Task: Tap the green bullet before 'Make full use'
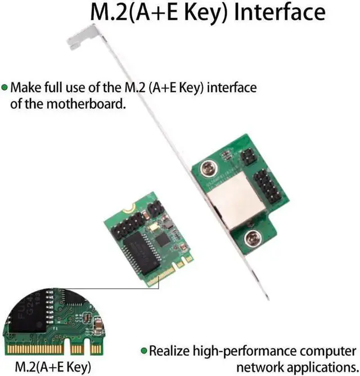pyautogui.click(x=4, y=88)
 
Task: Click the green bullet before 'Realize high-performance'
pyautogui.click(x=143, y=351)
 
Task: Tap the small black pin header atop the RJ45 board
pyautogui.click(x=248, y=158)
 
